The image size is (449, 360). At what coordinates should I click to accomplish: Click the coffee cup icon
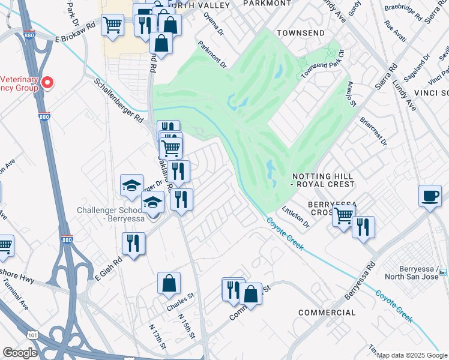(430, 196)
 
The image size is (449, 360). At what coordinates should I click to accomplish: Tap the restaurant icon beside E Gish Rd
(133, 244)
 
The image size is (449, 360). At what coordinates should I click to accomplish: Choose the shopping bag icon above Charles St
(169, 283)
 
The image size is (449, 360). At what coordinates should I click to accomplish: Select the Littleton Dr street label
(297, 219)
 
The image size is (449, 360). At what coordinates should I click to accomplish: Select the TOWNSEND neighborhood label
(301, 32)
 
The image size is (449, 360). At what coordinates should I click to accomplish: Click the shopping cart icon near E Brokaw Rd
(112, 25)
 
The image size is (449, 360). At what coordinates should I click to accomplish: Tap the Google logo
(20, 352)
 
